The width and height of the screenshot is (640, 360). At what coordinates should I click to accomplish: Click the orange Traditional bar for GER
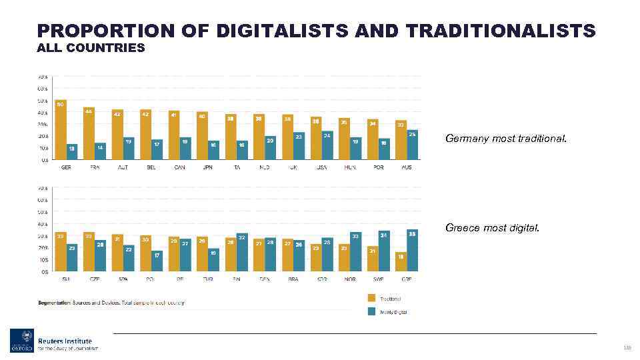click(61, 130)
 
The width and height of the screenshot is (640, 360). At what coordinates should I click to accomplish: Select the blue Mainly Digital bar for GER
click(72, 151)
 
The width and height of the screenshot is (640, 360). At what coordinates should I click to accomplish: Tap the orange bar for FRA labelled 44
click(89, 133)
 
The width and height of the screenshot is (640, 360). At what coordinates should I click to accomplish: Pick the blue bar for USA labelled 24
click(327, 145)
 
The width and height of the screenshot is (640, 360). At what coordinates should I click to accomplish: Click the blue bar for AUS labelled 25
click(412, 145)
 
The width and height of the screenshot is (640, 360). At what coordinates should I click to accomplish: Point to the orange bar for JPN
click(202, 135)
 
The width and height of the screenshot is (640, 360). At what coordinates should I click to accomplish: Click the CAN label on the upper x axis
click(179, 167)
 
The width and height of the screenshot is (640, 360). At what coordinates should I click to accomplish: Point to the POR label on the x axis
click(378, 167)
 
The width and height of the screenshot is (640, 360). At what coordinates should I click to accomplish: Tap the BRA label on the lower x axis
click(293, 280)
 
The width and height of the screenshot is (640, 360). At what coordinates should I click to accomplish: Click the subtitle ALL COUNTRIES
click(91, 47)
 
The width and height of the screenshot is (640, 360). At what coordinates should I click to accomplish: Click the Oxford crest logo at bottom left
click(21, 340)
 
